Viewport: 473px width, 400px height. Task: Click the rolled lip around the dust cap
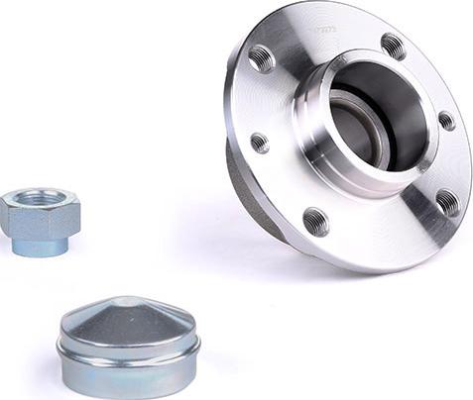point(129,343)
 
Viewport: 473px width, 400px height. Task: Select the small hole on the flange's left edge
point(259,143)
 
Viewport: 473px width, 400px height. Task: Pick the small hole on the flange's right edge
point(447,121)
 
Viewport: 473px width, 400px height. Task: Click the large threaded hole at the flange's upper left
point(262,59)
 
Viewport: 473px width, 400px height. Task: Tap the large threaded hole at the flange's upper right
point(393,46)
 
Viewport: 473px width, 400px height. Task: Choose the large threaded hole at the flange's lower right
point(447,202)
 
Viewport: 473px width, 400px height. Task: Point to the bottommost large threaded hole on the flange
point(316,220)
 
